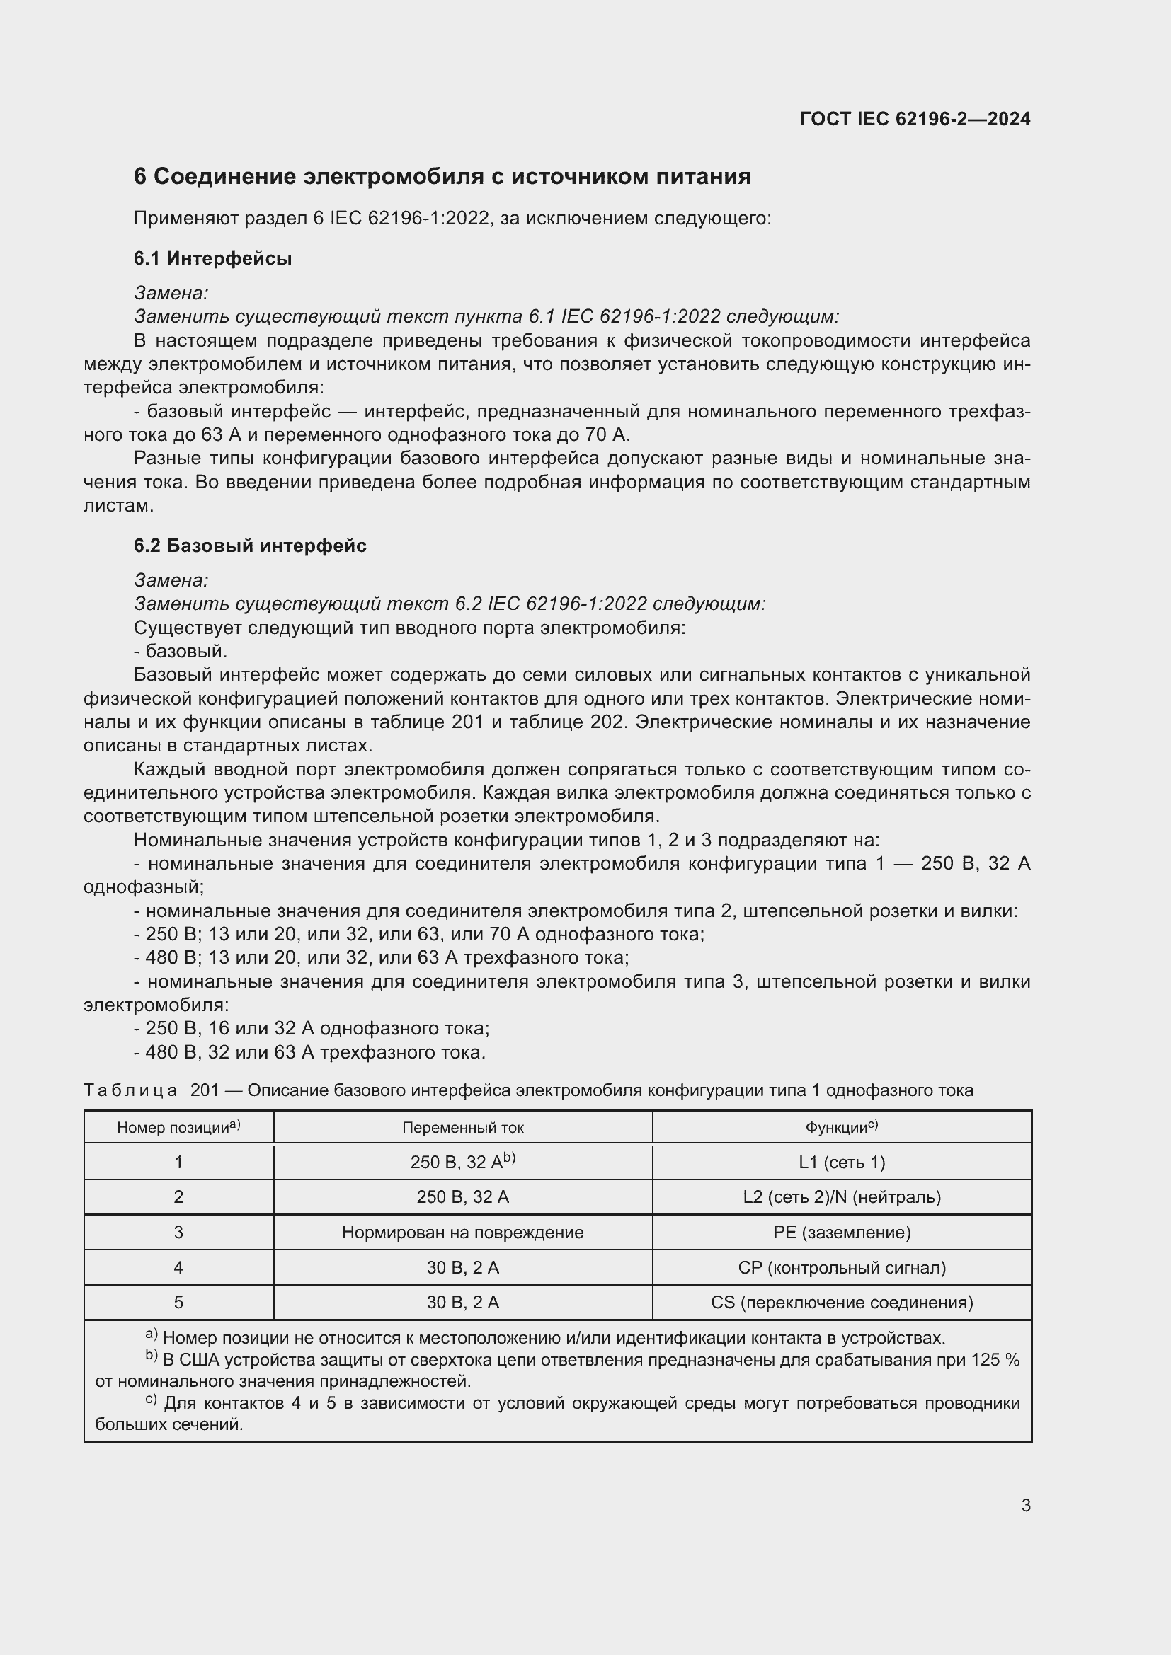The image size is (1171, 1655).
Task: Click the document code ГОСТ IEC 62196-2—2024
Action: point(914,119)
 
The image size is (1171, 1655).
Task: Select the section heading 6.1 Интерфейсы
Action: point(212,258)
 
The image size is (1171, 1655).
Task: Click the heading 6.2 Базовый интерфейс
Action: point(249,546)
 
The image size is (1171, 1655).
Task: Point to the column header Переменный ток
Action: point(463,1127)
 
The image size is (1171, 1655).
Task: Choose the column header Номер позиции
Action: point(178,1127)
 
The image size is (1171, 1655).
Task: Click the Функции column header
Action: point(842,1127)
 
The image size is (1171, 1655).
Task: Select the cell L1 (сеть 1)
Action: point(842,1162)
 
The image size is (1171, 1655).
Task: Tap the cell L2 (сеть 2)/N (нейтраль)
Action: point(842,1196)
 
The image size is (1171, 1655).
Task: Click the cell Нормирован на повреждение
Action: point(463,1232)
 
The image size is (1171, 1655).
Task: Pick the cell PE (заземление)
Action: point(842,1232)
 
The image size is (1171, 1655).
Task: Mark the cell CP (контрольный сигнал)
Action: point(842,1267)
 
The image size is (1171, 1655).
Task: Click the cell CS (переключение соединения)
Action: point(842,1303)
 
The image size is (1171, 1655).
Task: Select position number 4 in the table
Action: point(178,1267)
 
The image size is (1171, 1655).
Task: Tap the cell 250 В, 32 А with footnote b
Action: point(463,1162)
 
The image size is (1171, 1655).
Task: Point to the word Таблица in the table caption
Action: point(130,1090)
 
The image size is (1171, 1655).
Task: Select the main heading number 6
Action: point(140,177)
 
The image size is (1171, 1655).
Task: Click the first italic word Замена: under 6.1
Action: point(171,293)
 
